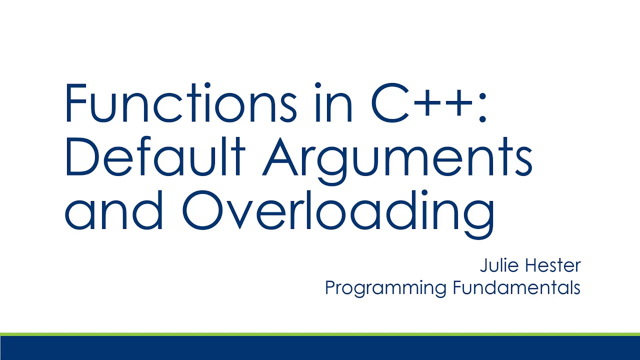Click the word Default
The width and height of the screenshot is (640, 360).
pyautogui.click(x=154, y=158)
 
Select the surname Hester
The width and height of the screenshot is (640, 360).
pyautogui.click(x=555, y=265)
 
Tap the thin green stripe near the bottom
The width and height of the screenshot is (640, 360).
pyautogui.click(x=320, y=333)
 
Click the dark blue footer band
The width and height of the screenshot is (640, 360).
pyautogui.click(x=320, y=348)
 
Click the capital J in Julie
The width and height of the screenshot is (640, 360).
pyautogui.click(x=483, y=265)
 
